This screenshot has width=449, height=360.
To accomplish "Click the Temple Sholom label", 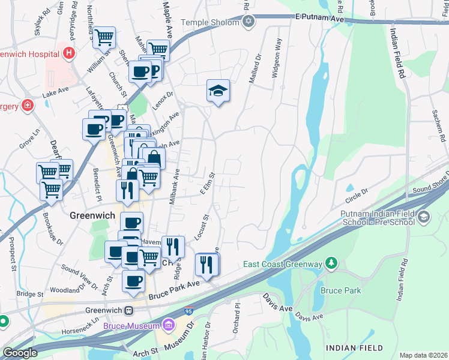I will point(209,23).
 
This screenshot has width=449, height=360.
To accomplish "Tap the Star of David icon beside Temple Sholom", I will point(249,23).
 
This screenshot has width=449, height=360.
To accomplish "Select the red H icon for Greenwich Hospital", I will point(70,53).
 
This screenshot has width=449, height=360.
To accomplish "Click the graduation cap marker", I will point(218,91).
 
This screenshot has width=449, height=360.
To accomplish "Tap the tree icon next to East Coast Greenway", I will point(330,263).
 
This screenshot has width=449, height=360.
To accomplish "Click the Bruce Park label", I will point(339,290).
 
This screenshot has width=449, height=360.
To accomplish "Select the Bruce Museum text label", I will point(131,326).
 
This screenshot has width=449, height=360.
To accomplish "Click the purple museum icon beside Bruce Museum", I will point(169,326).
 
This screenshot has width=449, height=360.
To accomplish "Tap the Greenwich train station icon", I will point(128,310).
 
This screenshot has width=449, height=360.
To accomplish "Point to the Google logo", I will point(20,353).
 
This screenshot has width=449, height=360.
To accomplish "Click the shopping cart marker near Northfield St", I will point(104,38).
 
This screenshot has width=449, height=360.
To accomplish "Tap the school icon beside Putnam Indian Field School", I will point(424,216).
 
